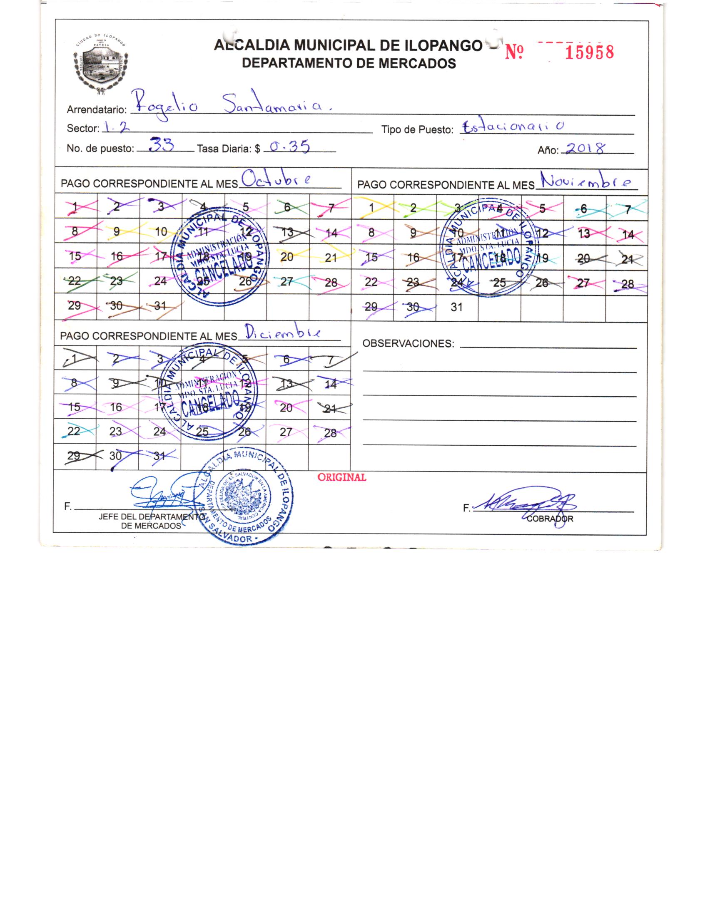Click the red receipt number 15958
589,53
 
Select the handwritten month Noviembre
585,181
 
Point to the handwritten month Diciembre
283,333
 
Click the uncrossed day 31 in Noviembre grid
456,308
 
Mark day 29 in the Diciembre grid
74,456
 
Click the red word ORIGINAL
341,477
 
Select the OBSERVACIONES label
408,343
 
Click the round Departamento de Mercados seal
245,497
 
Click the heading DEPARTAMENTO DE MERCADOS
349,63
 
